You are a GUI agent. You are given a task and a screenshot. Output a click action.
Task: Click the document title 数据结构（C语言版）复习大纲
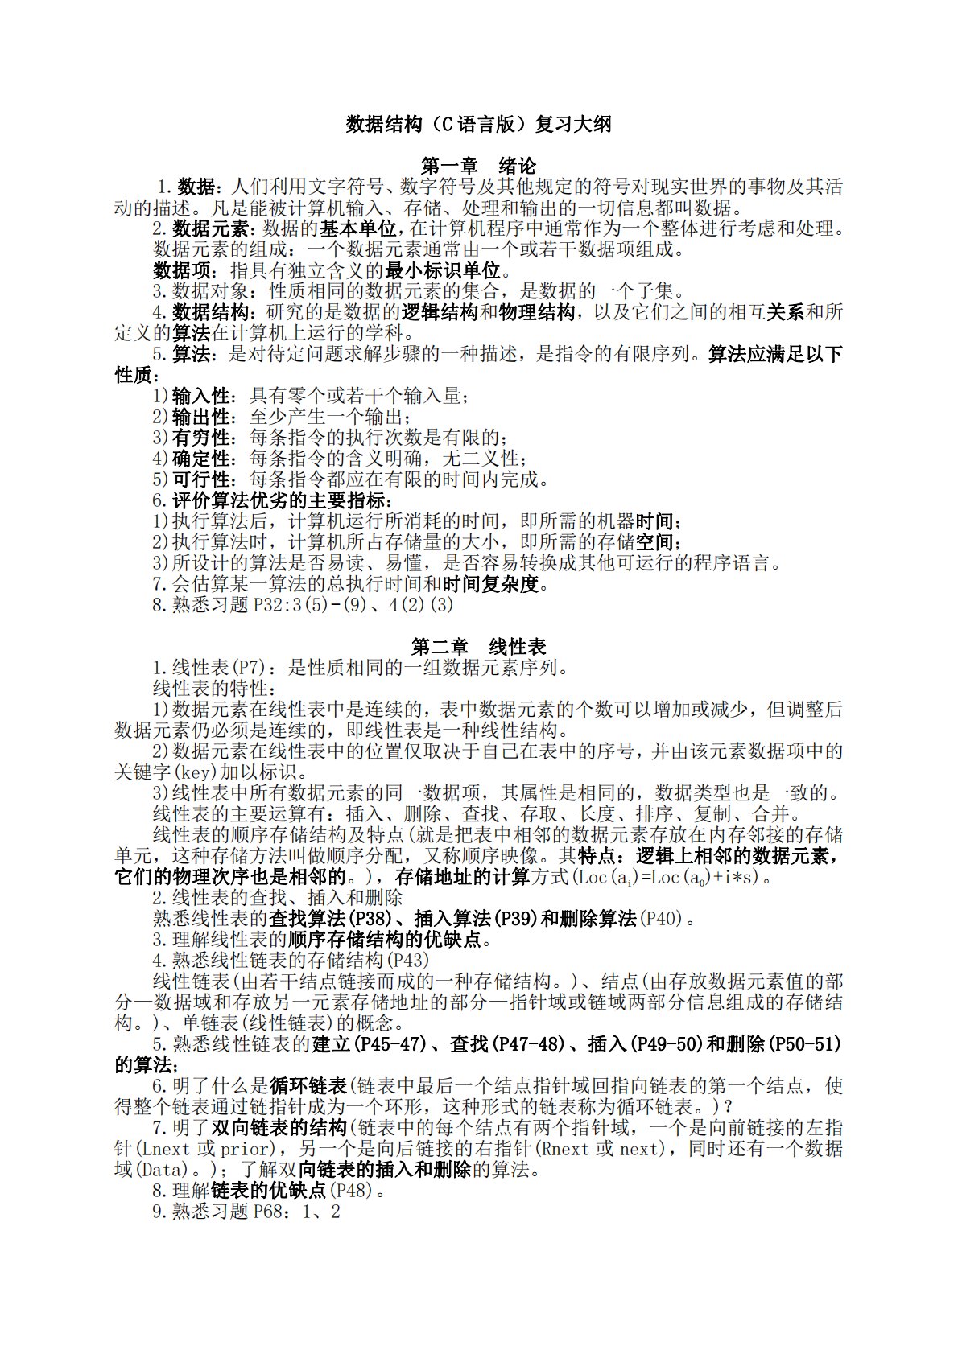[x=478, y=125]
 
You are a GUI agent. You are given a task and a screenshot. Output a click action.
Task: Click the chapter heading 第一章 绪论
[x=478, y=167]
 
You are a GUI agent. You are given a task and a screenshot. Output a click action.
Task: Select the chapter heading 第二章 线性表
[x=478, y=647]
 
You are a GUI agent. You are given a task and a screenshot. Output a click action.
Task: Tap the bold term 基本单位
[x=357, y=228]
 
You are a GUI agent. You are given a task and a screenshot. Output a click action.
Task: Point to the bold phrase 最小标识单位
[x=443, y=270]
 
